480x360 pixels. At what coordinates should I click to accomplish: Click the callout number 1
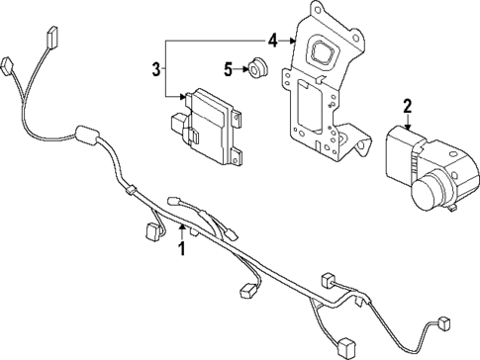[x=181, y=248]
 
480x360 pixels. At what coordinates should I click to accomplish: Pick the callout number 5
[x=227, y=69]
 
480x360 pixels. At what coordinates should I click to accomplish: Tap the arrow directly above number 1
[x=181, y=231]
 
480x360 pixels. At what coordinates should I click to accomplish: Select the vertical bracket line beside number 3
[x=166, y=68]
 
